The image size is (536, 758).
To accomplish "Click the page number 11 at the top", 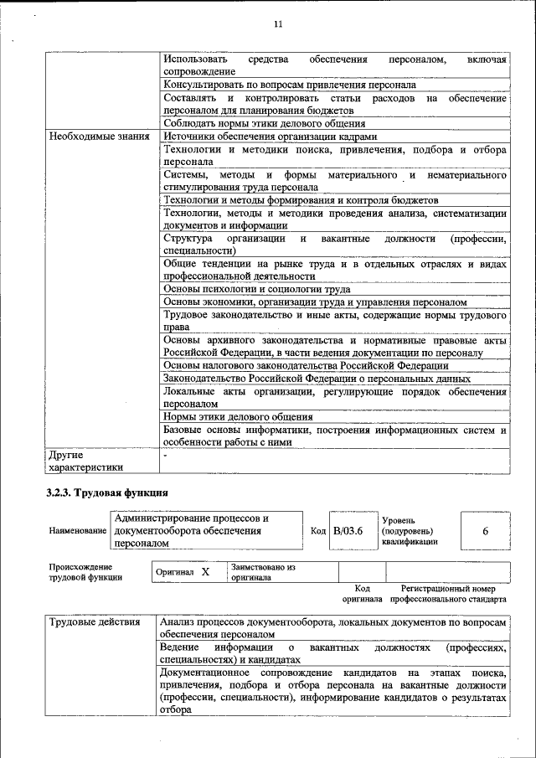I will pyautogui.click(x=278, y=24).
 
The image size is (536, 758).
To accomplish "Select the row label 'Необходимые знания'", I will pyautogui.click(x=99, y=137).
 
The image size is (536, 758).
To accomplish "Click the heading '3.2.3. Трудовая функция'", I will pyautogui.click(x=108, y=492).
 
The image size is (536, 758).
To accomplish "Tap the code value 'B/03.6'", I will pyautogui.click(x=348, y=531).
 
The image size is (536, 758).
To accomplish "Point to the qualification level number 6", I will pyautogui.click(x=486, y=531).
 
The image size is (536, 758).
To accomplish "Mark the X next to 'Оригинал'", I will pyautogui.click(x=204, y=571).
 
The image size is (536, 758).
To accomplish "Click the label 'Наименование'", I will pyautogui.click(x=78, y=531).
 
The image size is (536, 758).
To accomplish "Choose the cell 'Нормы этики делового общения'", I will pyautogui.click(x=238, y=416).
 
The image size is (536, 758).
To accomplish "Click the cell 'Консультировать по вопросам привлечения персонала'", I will pyautogui.click(x=289, y=85).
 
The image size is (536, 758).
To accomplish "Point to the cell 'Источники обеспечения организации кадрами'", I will pyautogui.click(x=270, y=137).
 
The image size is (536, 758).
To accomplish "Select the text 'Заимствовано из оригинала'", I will pyautogui.click(x=264, y=572).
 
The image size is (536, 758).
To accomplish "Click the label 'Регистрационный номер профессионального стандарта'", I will pyautogui.click(x=452, y=594).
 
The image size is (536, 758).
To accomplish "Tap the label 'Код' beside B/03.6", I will pyautogui.click(x=318, y=531).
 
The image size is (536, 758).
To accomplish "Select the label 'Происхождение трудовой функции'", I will pyautogui.click(x=86, y=571).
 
